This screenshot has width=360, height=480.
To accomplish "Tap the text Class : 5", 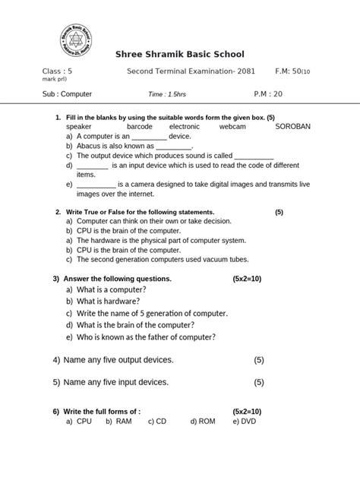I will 62,71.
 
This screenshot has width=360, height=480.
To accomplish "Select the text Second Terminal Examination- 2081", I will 191,71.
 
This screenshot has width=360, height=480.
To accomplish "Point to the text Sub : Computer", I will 67,95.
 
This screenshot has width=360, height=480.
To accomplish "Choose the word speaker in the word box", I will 79,127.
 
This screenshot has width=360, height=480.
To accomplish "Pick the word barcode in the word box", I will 140,127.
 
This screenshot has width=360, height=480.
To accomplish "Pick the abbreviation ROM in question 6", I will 207,420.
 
